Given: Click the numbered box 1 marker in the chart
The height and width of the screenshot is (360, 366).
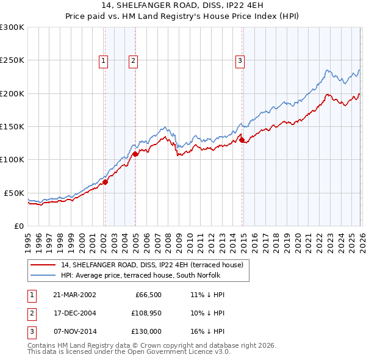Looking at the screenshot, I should pyautogui.click(x=104, y=60).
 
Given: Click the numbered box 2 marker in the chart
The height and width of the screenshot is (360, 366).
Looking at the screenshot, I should pyautogui.click(x=133, y=60).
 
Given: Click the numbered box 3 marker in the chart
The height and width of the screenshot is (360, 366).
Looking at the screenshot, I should pyautogui.click(x=240, y=60).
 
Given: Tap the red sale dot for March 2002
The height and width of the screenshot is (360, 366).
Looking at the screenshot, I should pyautogui.click(x=105, y=182).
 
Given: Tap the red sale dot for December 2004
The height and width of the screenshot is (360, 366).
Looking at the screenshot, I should pyautogui.click(x=135, y=154).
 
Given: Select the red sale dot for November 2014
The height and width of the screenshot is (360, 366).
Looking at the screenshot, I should pyautogui.click(x=242, y=140).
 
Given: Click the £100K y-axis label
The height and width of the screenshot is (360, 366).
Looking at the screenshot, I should pyautogui.click(x=12, y=159).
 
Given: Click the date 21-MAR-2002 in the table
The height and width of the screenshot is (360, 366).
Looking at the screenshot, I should pyautogui.click(x=74, y=295).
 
